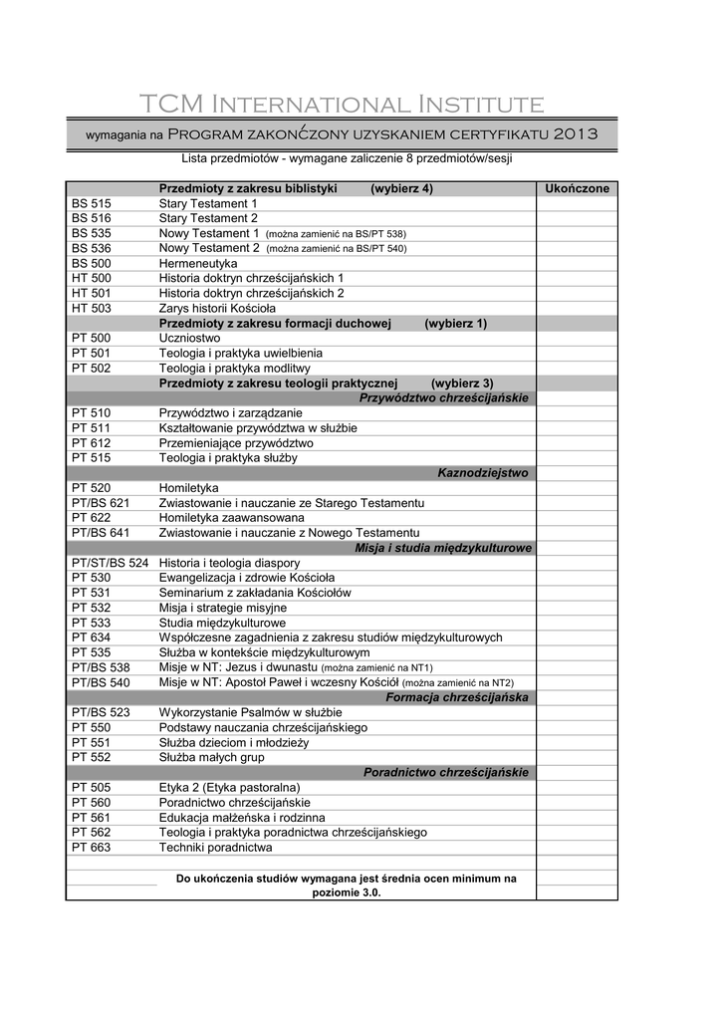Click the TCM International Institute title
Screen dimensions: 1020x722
point(342,105)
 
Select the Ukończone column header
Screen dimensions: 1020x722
point(577,188)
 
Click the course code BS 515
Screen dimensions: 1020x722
point(92,203)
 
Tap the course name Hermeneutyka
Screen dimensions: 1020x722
point(198,263)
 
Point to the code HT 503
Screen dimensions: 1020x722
point(92,309)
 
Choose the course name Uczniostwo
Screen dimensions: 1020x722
point(189,339)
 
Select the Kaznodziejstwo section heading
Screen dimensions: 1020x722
point(483,473)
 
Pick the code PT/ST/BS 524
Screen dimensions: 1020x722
point(110,563)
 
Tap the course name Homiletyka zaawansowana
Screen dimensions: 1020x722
point(232,518)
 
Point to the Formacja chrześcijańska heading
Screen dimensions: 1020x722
point(457,697)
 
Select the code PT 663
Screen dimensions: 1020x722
point(92,848)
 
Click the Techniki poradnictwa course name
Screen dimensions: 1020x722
point(215,848)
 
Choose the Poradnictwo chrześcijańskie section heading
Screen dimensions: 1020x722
point(446,772)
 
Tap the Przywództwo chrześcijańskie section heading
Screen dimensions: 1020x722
point(444,398)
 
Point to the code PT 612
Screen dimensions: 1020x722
point(92,443)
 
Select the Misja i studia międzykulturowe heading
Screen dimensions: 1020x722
point(443,548)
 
